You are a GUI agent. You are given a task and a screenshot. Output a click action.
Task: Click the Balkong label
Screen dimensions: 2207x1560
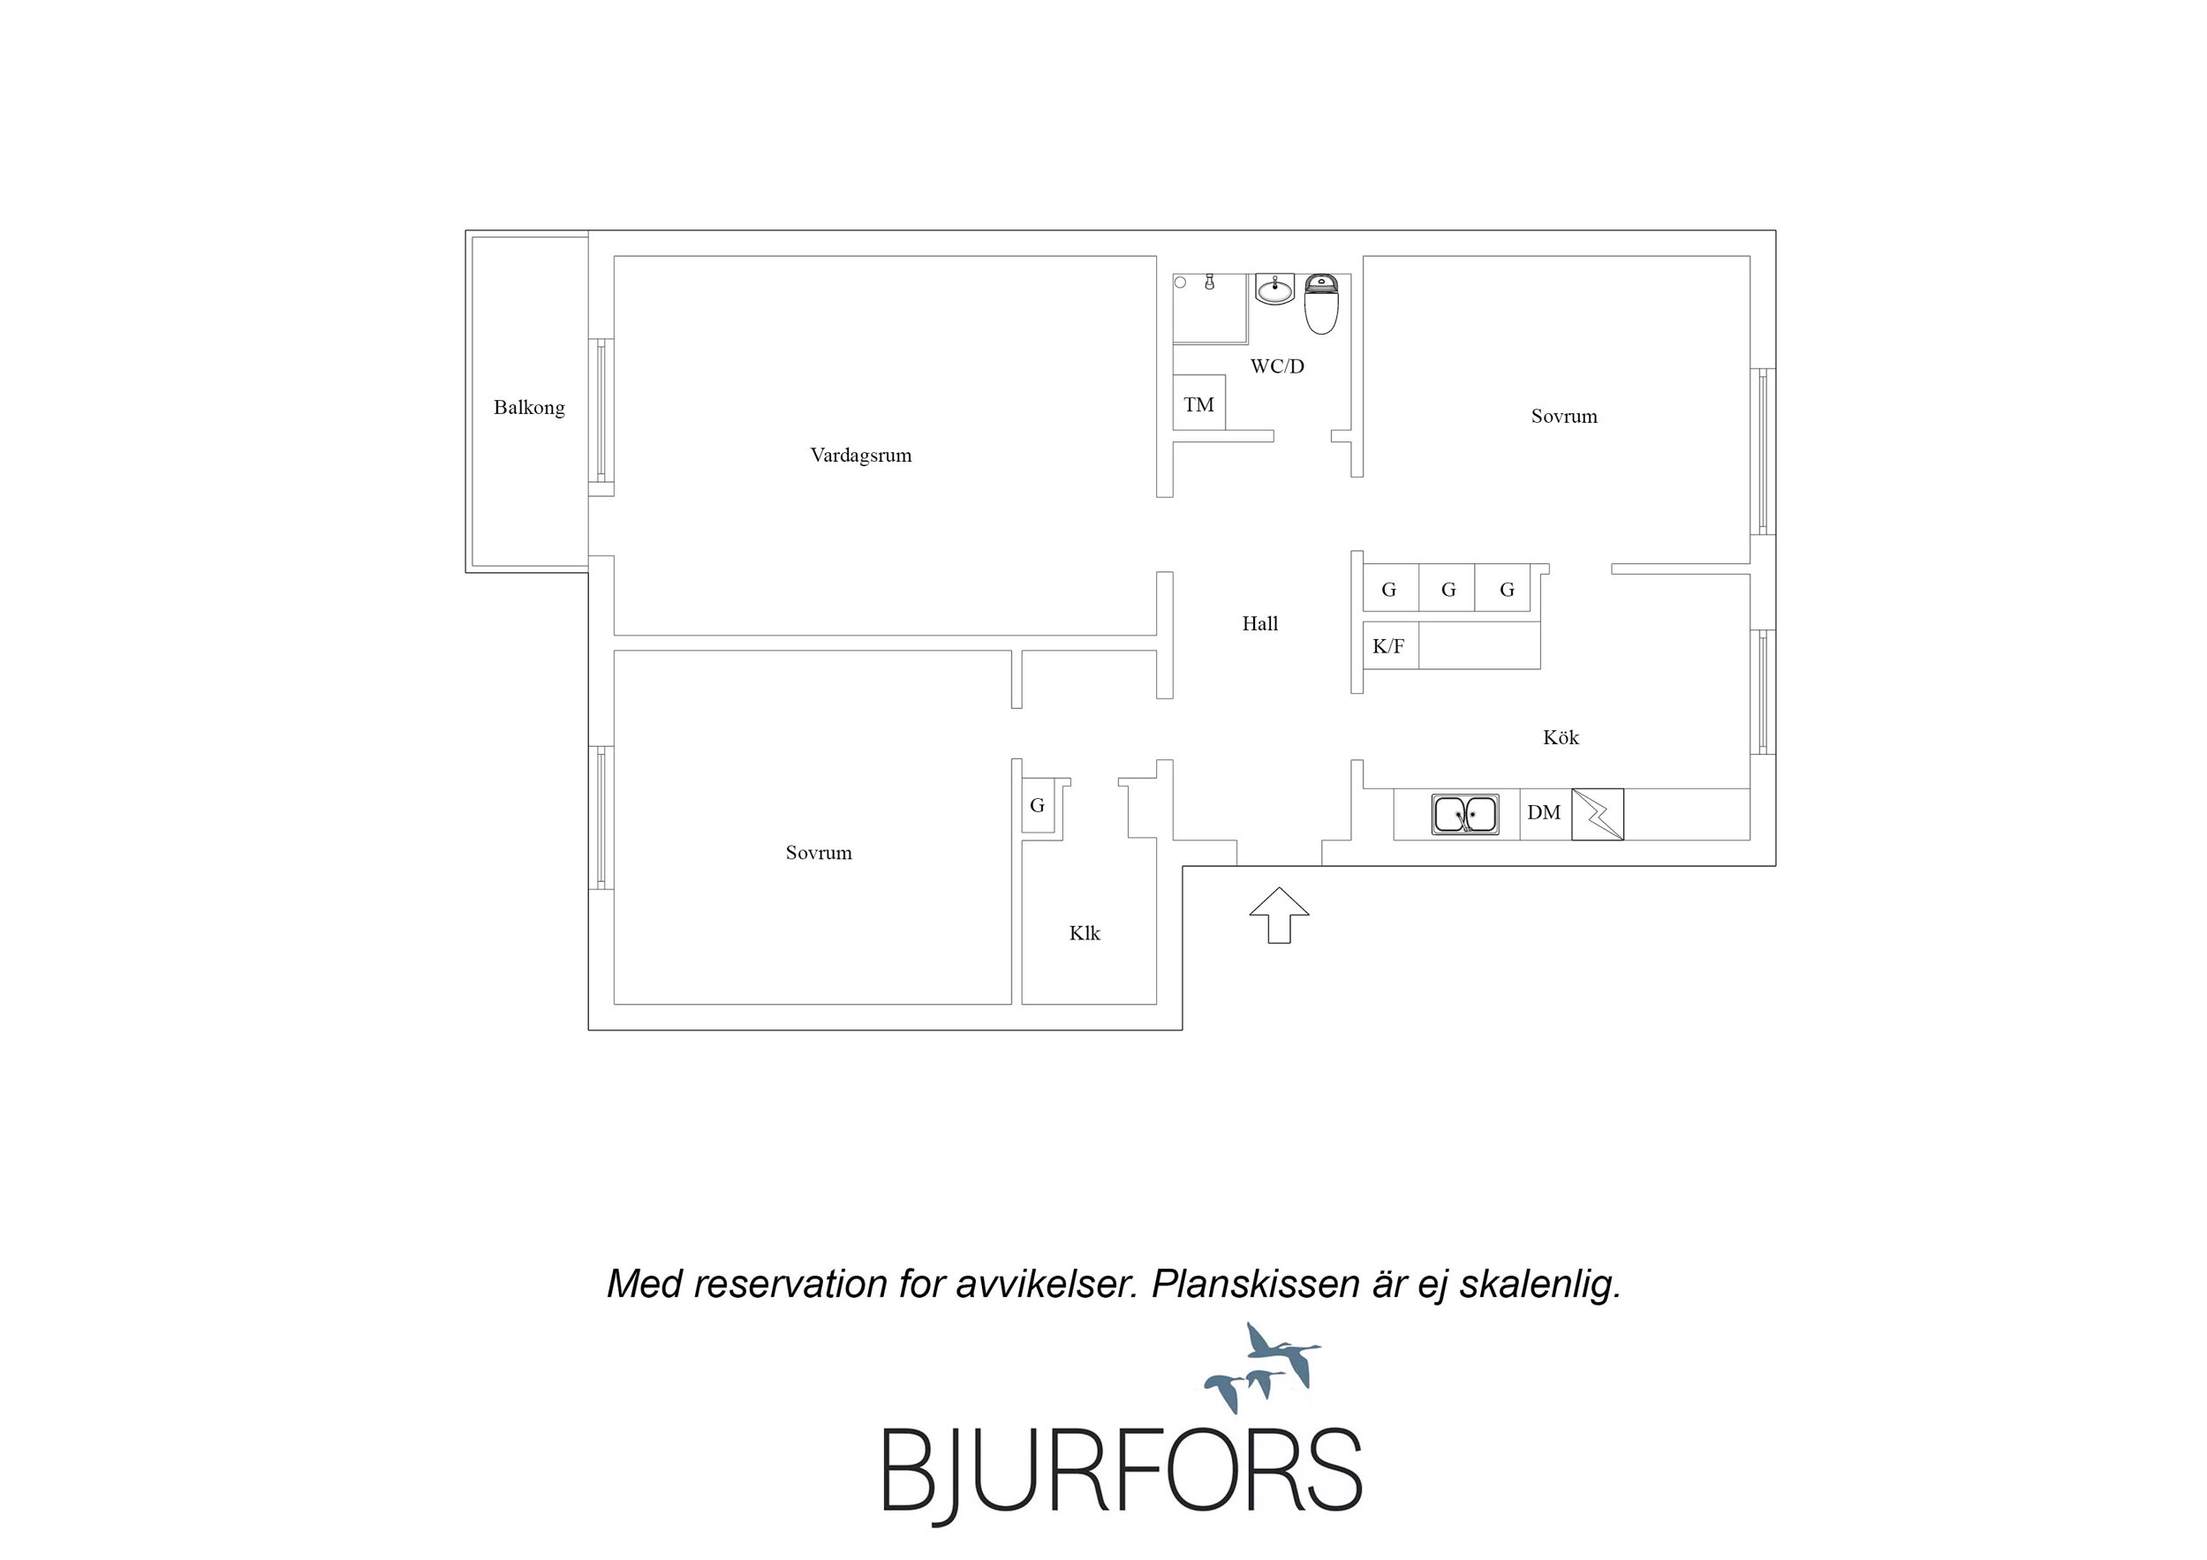(529, 408)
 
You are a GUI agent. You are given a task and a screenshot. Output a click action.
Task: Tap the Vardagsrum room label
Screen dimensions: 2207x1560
(860, 456)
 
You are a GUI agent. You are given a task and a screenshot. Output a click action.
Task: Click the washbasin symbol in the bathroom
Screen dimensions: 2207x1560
(1275, 290)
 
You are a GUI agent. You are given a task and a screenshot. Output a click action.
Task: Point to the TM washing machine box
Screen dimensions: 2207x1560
(1198, 403)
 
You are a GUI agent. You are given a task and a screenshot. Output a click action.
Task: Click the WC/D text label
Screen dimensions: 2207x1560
(1276, 366)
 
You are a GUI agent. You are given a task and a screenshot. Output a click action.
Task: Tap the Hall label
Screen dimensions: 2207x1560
(1259, 624)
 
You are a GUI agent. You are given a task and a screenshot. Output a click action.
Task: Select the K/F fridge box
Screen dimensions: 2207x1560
(1390, 646)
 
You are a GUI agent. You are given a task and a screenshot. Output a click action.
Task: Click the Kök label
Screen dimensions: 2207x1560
(1561, 737)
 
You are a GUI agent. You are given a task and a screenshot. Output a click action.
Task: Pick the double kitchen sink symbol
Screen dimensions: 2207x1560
(1465, 814)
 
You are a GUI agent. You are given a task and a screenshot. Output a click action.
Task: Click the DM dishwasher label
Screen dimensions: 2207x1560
(1544, 813)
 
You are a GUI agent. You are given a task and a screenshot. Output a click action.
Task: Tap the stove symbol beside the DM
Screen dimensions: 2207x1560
(1598, 814)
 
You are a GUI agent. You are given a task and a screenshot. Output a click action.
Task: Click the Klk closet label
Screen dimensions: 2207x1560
(1085, 933)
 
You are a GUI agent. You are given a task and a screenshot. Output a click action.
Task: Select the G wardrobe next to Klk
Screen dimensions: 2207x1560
(1038, 805)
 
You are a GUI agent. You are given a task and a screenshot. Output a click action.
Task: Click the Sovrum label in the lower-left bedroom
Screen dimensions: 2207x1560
(818, 853)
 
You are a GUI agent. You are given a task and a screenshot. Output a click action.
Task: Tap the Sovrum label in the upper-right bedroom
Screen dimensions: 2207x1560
(1564, 416)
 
